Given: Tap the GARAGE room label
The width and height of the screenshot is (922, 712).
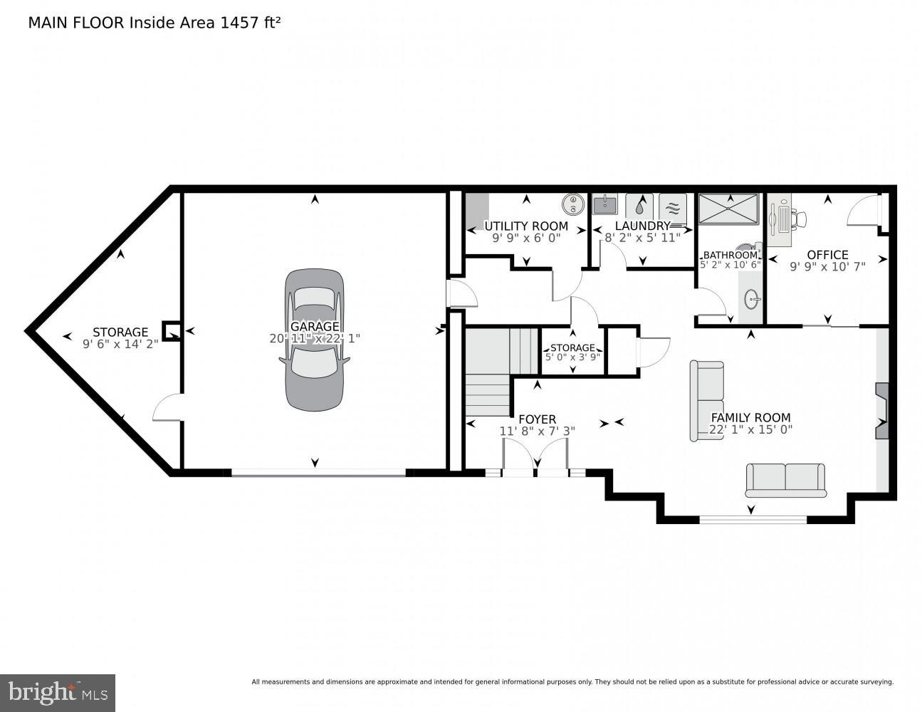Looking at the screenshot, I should [x=314, y=327].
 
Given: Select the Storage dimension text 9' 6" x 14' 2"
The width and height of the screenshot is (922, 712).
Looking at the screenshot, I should [x=120, y=344].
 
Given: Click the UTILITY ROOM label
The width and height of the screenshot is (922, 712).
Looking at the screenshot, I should [x=526, y=226].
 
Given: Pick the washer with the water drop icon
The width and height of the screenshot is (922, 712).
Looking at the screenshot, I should [x=639, y=206].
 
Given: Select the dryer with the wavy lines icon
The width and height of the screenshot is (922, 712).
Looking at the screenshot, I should [x=673, y=206].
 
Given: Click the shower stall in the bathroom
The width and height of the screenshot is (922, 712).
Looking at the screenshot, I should [x=729, y=209].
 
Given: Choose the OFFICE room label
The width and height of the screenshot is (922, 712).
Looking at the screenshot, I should [x=827, y=255].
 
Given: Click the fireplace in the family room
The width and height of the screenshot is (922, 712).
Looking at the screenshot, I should [x=882, y=411].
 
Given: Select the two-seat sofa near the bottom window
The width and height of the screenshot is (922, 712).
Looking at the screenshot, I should [x=785, y=479].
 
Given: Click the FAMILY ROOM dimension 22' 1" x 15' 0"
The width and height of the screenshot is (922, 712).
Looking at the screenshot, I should [x=750, y=429].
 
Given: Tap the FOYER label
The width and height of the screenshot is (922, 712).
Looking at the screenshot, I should [x=537, y=419].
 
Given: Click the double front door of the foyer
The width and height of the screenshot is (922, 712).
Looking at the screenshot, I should [x=535, y=456].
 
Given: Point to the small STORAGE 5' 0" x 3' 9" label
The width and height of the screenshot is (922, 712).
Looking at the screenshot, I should [x=572, y=348].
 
